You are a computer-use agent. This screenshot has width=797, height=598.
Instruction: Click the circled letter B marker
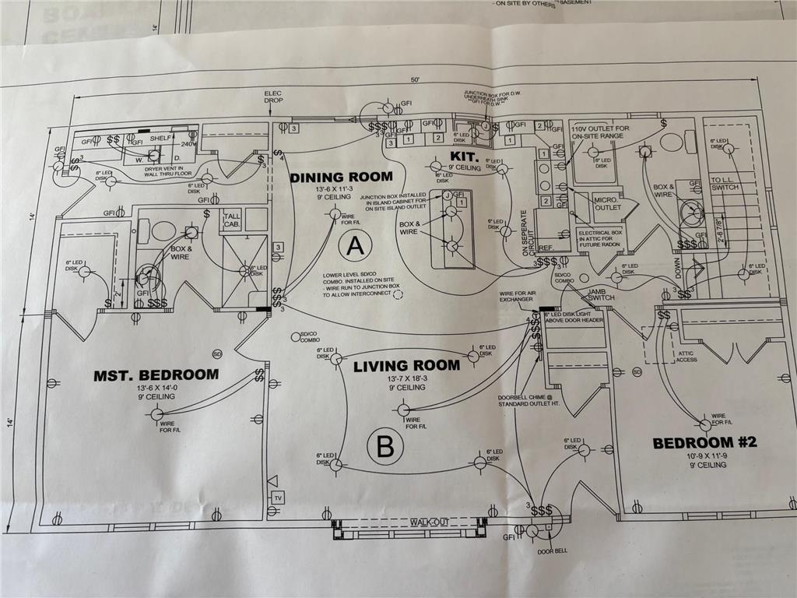(384, 447)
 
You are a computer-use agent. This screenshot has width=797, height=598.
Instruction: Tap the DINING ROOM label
(341, 178)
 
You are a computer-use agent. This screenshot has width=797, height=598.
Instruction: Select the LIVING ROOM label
(406, 365)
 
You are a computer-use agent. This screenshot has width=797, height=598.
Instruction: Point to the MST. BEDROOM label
(156, 375)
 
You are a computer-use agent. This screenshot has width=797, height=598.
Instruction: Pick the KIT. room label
(441, 157)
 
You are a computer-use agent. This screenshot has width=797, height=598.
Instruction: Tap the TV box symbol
(277, 498)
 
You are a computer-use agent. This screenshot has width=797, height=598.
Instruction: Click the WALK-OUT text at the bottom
(430, 522)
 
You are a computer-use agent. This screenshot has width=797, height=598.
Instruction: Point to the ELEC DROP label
(273, 97)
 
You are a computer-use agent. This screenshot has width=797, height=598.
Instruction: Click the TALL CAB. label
(233, 220)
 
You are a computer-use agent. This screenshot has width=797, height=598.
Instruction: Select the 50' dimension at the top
(416, 80)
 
